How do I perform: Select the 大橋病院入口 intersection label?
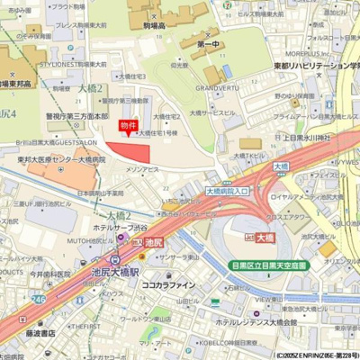[228, 191]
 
